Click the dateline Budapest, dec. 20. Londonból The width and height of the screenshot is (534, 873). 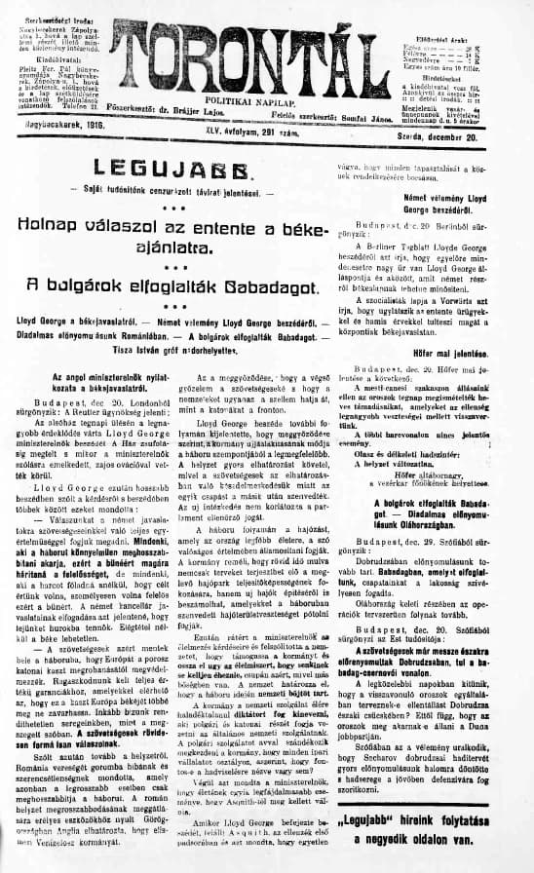97,401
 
